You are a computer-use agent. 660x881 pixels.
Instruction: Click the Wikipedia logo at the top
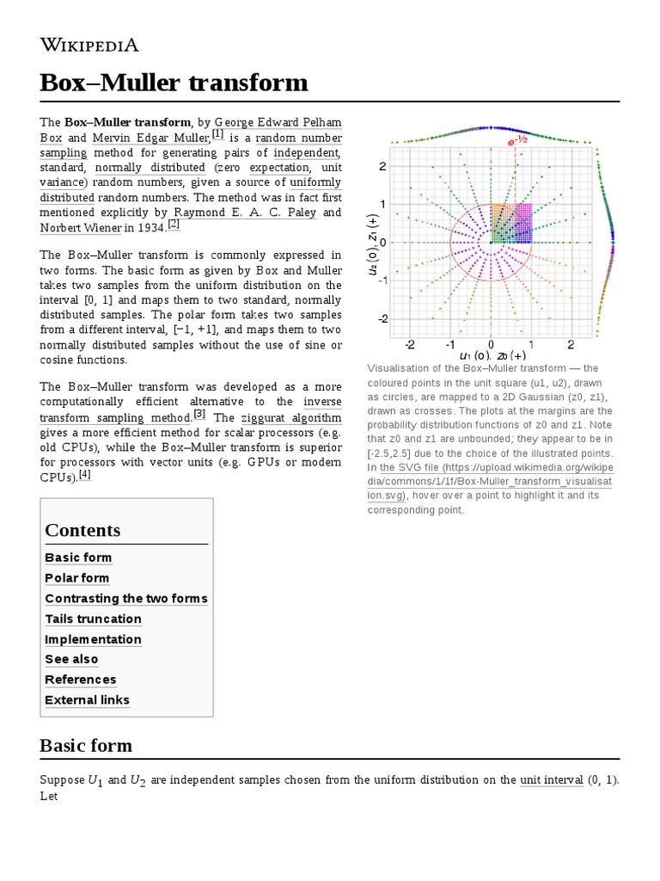coord(89,45)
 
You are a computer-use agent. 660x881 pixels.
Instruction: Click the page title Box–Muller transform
coord(174,83)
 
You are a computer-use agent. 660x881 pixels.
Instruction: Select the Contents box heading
coord(82,530)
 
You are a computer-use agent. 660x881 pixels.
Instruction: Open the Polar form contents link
coord(77,578)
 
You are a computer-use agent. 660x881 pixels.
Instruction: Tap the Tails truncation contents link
coord(93,619)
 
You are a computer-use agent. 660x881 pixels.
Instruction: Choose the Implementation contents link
coord(93,639)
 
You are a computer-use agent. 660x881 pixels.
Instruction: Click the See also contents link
coord(71,659)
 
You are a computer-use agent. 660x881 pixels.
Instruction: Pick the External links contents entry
coord(87,699)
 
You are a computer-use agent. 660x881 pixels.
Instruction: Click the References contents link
coord(80,680)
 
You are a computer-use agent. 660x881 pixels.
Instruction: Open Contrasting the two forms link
coord(126,598)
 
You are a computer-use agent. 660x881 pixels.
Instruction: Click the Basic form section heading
coord(86,744)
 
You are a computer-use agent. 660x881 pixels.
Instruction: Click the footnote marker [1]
coord(217,134)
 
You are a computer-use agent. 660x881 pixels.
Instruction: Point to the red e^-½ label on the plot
coord(516,140)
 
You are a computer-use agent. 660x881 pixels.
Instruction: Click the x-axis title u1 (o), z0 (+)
coord(492,355)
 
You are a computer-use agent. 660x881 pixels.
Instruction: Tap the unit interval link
coord(551,780)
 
